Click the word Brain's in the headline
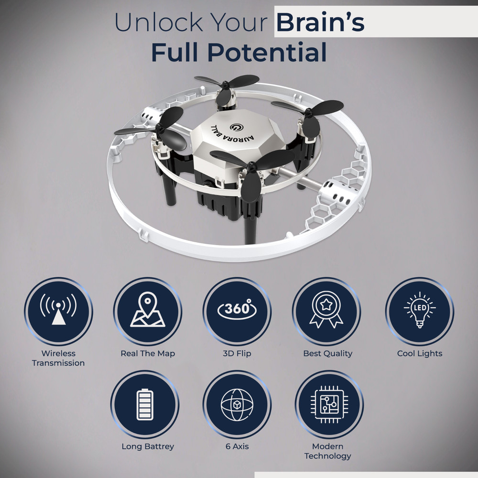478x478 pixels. (320, 22)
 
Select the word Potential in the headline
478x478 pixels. (267, 53)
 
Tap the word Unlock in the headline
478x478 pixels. (159, 22)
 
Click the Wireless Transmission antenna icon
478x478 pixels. (58, 309)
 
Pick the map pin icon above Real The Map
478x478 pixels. (148, 309)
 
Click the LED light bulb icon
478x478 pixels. (420, 309)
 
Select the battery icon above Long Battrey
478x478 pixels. (145, 404)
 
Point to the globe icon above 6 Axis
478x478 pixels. (237, 404)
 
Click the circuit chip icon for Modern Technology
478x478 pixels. (329, 404)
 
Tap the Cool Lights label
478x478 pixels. (420, 354)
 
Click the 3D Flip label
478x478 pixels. (237, 354)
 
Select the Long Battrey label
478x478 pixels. (148, 446)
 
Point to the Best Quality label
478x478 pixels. (328, 354)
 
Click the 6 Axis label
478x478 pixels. (237, 446)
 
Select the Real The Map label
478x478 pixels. (148, 354)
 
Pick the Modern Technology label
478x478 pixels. (328, 451)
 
